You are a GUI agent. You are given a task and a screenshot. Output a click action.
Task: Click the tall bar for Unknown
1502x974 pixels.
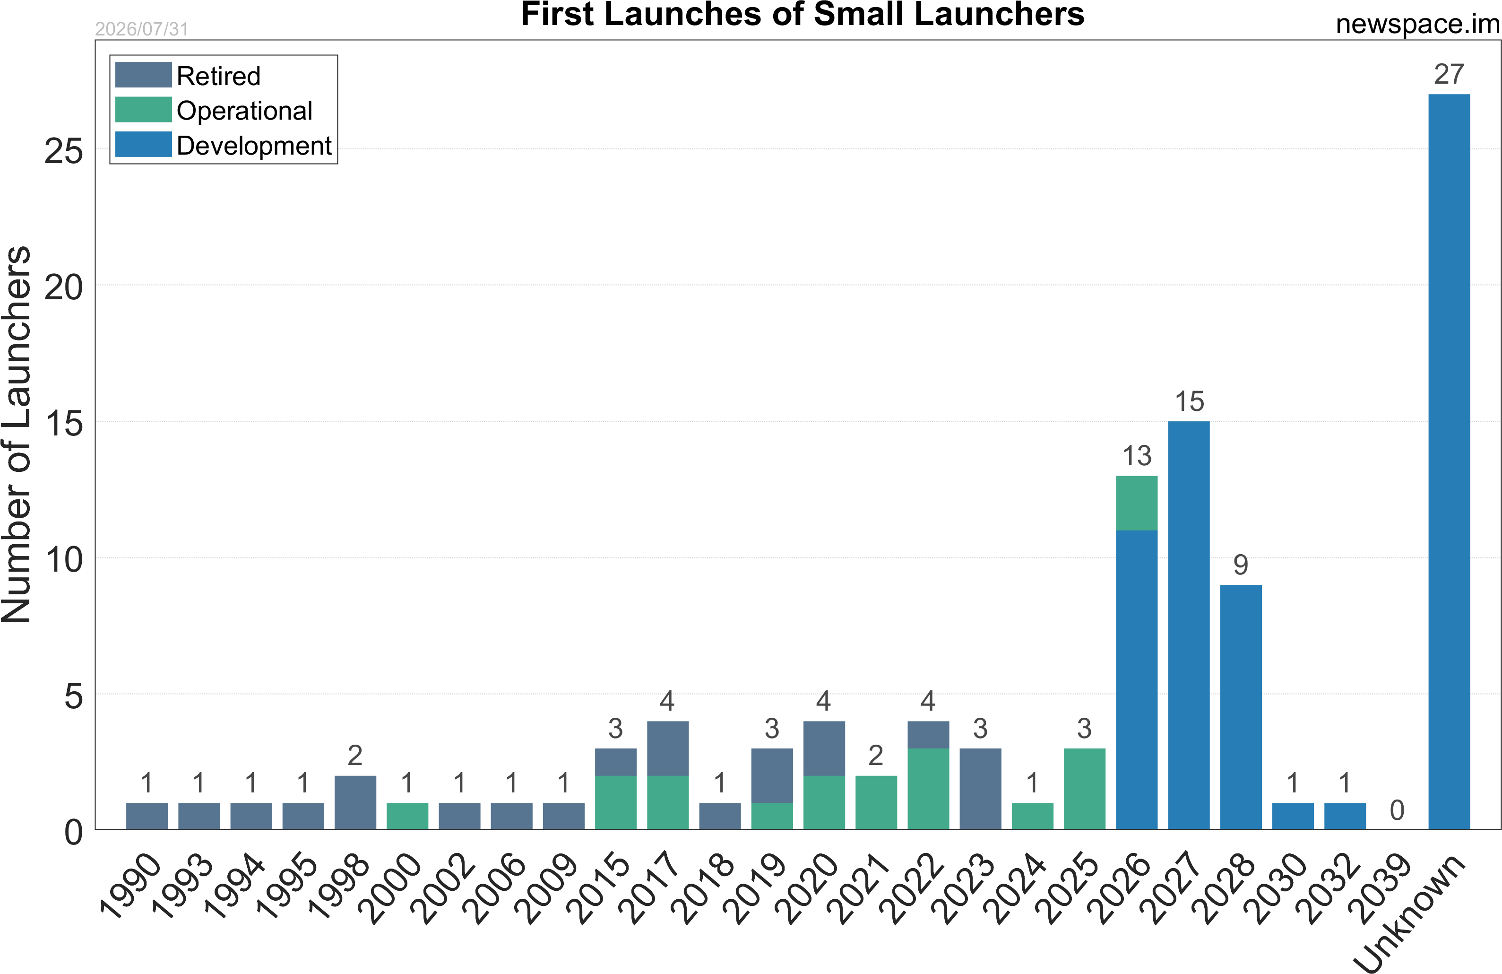pos(1449,461)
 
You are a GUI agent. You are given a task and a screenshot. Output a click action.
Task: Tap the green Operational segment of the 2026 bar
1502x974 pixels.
pos(1137,503)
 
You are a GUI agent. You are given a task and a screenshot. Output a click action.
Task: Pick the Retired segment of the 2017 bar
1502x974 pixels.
pos(668,748)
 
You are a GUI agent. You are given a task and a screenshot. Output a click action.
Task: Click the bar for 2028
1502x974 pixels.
pos(1241,707)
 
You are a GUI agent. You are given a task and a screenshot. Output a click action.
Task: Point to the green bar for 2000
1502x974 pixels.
pos(407,816)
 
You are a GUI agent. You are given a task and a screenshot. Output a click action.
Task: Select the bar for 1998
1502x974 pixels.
pos(355,802)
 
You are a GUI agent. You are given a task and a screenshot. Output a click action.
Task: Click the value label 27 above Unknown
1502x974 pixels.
pos(1449,75)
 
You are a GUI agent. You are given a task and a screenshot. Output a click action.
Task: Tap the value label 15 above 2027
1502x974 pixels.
pos(1189,401)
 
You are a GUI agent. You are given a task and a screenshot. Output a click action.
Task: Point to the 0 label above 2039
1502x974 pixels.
pos(1397,810)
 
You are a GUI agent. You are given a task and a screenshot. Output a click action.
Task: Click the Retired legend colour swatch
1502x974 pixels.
pos(143,75)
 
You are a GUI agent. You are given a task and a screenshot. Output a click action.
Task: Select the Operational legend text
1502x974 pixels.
pos(244,111)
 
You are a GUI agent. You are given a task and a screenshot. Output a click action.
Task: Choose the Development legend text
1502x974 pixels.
pos(254,146)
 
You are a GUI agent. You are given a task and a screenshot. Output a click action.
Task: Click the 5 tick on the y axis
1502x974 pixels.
pos(74,696)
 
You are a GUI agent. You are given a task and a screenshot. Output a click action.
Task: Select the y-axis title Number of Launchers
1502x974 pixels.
pos(17,435)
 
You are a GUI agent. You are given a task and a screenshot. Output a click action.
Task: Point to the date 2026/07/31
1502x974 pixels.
pos(142,29)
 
